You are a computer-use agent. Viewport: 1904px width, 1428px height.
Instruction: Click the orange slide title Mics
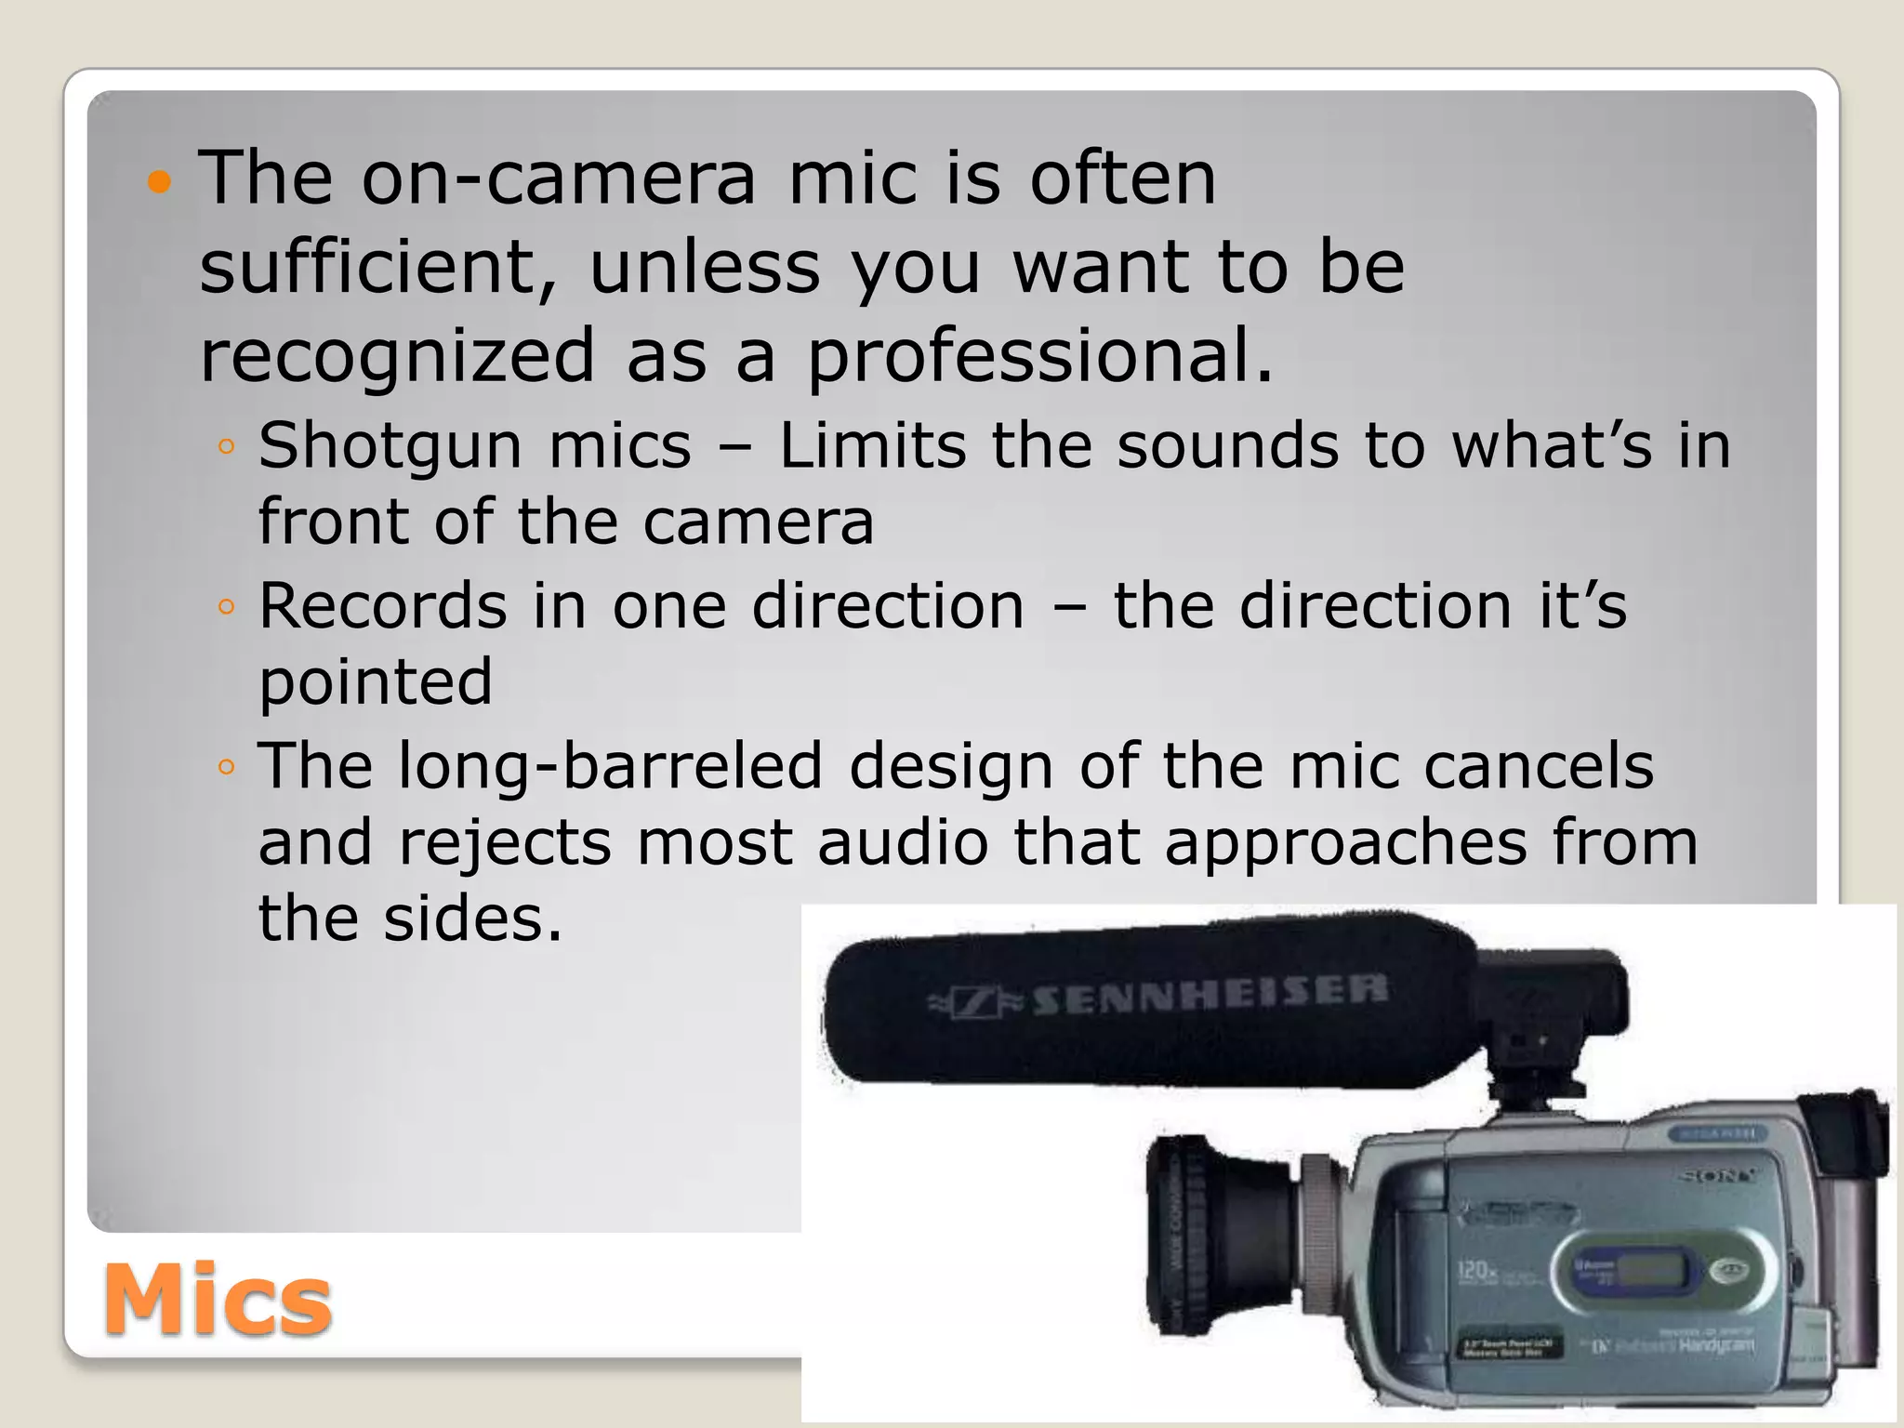(x=217, y=1299)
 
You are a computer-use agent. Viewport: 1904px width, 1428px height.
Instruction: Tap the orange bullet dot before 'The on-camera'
(x=160, y=182)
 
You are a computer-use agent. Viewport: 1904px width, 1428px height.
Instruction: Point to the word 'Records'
(x=382, y=606)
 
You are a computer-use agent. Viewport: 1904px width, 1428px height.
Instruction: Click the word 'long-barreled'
(x=610, y=766)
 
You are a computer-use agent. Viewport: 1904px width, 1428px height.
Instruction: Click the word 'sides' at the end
(x=471, y=919)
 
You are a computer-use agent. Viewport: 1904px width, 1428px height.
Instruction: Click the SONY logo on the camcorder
(x=1717, y=1176)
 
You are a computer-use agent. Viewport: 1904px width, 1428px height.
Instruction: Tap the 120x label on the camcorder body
(x=1475, y=1269)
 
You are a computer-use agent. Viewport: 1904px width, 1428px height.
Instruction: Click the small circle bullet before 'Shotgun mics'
(x=225, y=447)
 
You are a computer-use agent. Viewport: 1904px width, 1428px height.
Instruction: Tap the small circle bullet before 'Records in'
(x=225, y=607)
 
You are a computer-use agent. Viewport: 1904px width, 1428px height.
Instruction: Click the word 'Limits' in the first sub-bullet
(x=872, y=446)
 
